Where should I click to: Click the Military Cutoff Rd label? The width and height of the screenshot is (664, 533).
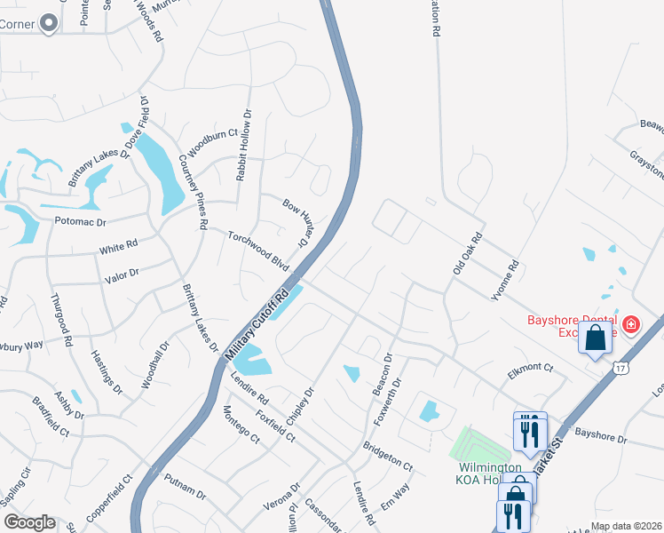[258, 323]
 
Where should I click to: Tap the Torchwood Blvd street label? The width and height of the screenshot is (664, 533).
[258, 251]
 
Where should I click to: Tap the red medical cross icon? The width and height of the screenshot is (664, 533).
[631, 325]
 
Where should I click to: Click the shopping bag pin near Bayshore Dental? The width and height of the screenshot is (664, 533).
[596, 338]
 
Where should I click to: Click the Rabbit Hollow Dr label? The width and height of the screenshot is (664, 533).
[243, 146]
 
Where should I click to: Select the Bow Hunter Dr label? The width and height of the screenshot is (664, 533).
[299, 221]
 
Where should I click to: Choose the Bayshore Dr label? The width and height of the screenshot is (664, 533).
[600, 436]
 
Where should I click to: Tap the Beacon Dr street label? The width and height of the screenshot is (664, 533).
[383, 375]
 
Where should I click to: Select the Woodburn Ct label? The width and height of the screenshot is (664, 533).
[213, 145]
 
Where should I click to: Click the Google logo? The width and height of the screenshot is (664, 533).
[28, 522]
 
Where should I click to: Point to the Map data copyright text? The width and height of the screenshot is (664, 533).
[627, 526]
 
